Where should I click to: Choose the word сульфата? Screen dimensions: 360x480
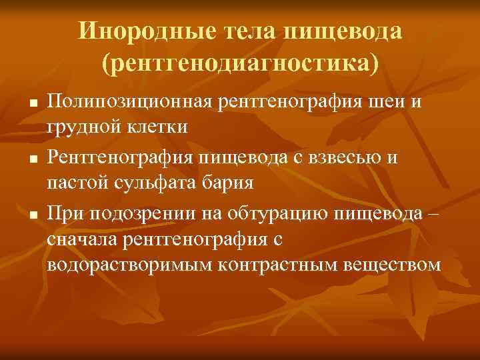coord(152,182)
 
